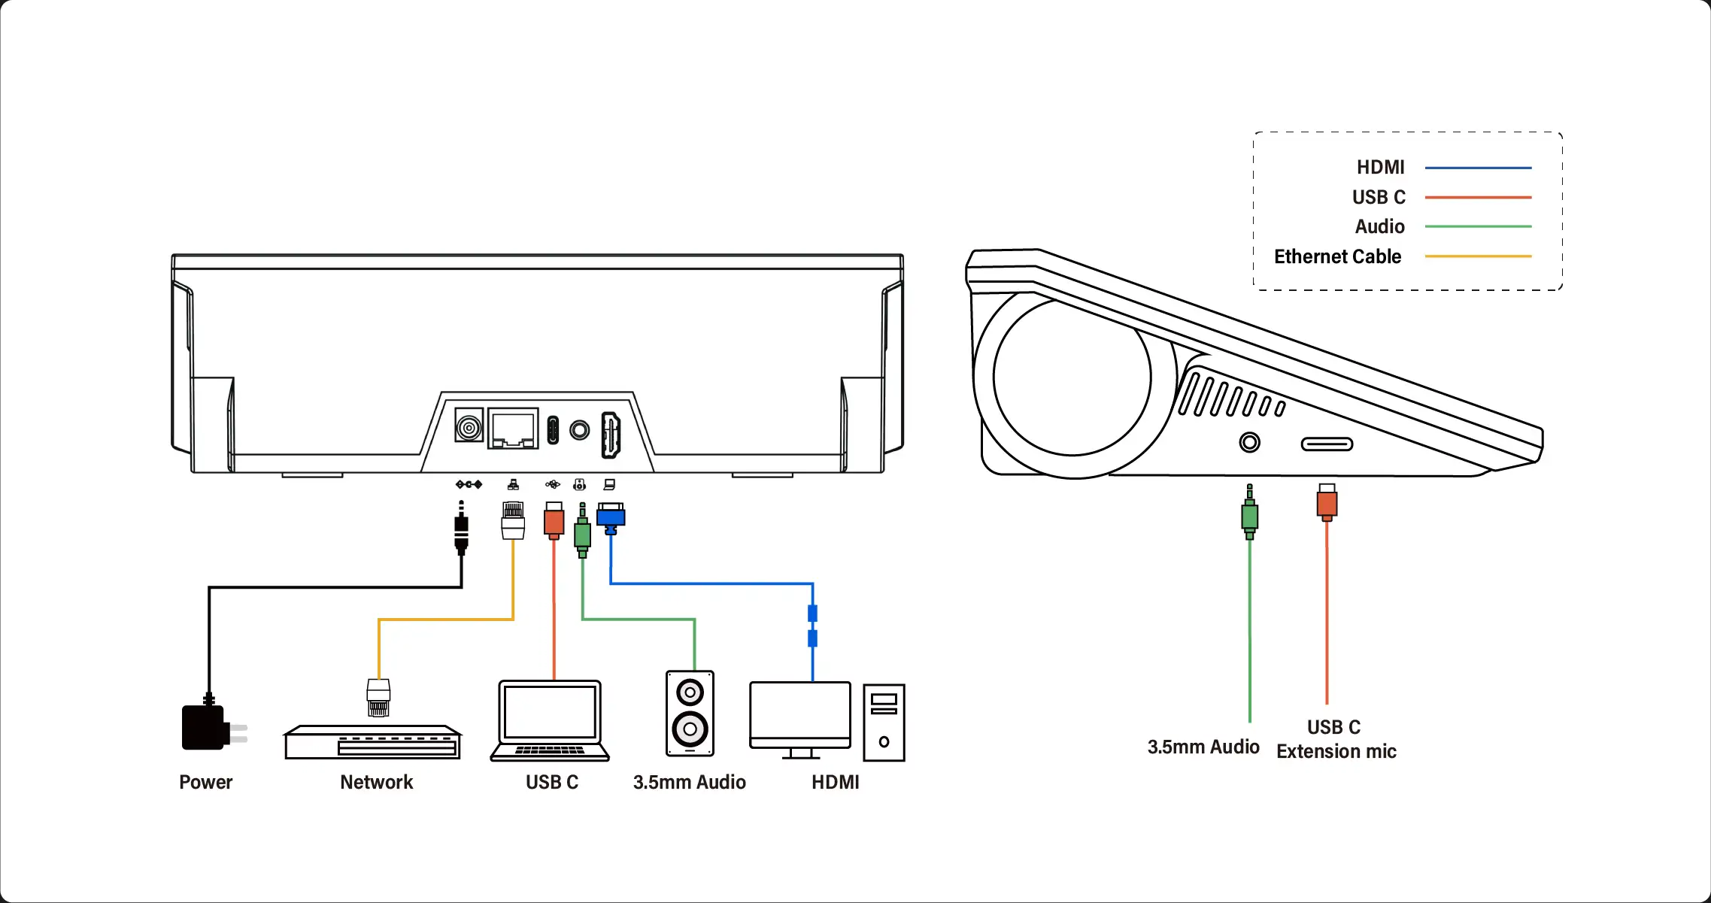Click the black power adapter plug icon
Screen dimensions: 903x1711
(205, 728)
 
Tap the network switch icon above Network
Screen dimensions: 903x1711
(373, 743)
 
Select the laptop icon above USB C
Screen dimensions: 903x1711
(550, 721)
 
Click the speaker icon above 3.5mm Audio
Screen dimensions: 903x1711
(690, 714)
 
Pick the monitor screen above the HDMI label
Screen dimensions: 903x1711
(800, 712)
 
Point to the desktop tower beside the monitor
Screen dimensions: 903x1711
(884, 723)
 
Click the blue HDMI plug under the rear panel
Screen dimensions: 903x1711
(611, 517)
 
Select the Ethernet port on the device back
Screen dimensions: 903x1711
(513, 429)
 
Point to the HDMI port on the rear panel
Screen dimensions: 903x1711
(611, 435)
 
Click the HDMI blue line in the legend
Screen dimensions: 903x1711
(1478, 168)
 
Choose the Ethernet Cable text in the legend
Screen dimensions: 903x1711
(1337, 256)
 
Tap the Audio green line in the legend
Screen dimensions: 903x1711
(1478, 226)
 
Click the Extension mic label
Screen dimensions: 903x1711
(1336, 751)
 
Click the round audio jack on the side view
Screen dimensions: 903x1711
(1249, 442)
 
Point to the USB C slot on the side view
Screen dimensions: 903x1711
(1327, 444)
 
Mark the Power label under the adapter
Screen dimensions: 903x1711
(205, 782)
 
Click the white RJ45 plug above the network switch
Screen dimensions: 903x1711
(378, 697)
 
